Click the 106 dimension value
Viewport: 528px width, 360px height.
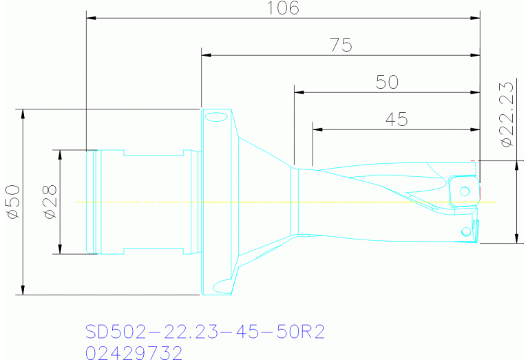(282, 8)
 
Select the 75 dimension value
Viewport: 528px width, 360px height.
(341, 45)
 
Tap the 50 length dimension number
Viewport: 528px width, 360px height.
(387, 82)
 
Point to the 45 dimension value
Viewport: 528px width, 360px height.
(396, 119)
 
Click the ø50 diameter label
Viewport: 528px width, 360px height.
(12, 202)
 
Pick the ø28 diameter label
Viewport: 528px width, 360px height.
(49, 202)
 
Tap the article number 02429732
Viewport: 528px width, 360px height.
(134, 352)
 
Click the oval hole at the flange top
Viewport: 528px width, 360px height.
(215, 117)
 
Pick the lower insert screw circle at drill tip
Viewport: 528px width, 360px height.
(466, 230)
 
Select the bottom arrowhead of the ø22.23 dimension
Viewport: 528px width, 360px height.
(516, 239)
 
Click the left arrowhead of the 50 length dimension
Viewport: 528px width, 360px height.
(297, 92)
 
